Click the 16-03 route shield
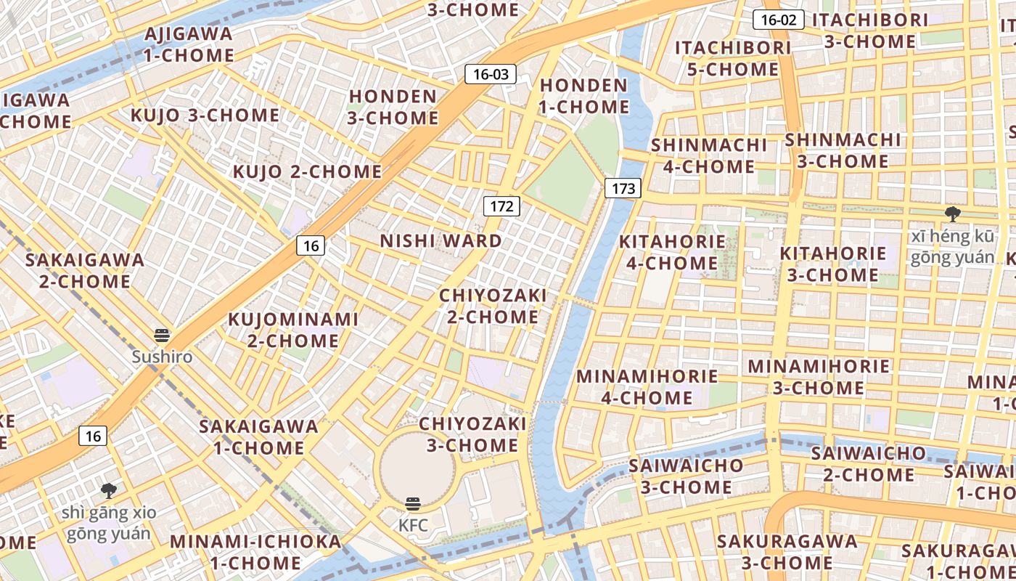point(491,73)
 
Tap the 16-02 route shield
point(778,20)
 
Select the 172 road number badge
point(501,206)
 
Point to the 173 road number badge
point(623,189)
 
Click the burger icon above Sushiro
point(162,336)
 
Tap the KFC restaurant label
point(413,524)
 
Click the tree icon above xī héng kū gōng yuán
point(952,214)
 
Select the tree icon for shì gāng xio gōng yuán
point(109,491)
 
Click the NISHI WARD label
point(441,241)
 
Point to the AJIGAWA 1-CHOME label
point(189,44)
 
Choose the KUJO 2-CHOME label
point(307,172)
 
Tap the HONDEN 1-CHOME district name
point(584,96)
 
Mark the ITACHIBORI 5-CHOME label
point(732,59)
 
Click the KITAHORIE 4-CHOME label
point(671,252)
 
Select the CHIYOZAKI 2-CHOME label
point(493,306)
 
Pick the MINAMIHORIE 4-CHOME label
point(647,387)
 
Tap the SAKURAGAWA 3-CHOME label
point(787,552)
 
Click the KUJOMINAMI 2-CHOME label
point(294,330)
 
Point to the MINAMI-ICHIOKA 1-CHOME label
point(255,552)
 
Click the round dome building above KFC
point(417,466)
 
